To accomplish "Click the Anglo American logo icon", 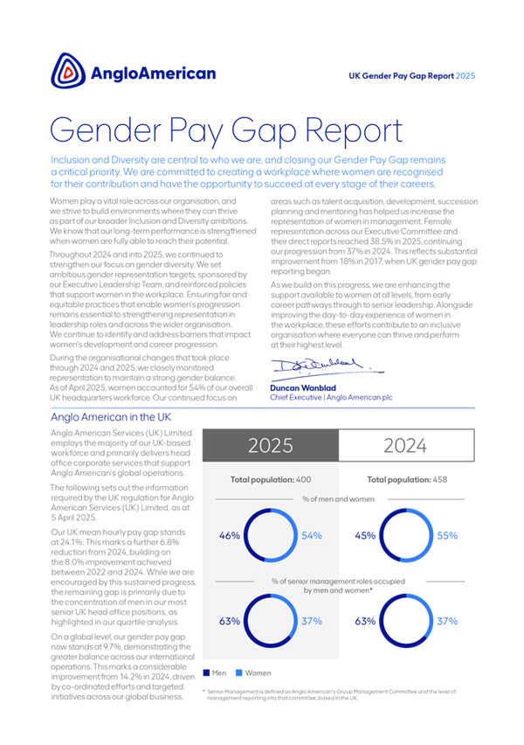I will (68, 71).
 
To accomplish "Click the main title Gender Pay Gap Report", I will (227, 132).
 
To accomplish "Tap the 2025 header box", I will (269, 445).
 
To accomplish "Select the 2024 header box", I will (405, 445).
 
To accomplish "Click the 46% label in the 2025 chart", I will (229, 536).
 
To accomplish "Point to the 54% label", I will (312, 536).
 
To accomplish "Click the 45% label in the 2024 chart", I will (365, 536).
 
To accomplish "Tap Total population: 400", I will (270, 479).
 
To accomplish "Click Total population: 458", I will (406, 479).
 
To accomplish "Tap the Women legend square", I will (238, 672).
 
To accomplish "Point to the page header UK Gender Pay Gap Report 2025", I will (411, 76).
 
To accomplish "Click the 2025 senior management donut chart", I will (270, 621).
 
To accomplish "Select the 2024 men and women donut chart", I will (406, 536).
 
